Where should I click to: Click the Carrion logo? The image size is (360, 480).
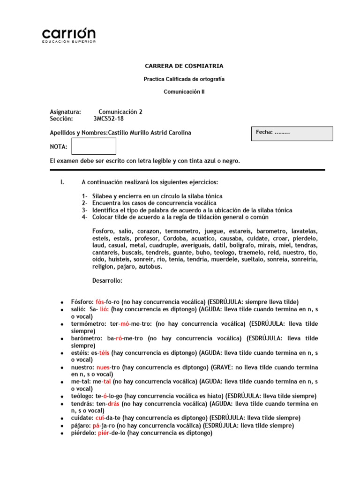(69, 35)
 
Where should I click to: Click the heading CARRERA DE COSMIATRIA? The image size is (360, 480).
(184, 66)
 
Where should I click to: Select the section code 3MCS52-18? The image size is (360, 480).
(109, 119)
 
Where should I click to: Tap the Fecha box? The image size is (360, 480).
(292, 134)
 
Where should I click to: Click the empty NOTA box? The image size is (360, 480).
(94, 146)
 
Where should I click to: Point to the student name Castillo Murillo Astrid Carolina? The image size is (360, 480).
(150, 133)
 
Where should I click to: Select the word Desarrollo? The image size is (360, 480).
(107, 281)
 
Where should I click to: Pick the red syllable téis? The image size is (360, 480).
(103, 353)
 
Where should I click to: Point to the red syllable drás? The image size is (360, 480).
(113, 404)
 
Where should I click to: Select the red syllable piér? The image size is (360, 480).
(103, 433)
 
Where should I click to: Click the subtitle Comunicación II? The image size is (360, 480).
(184, 92)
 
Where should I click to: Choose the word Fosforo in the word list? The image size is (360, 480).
(103, 232)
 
